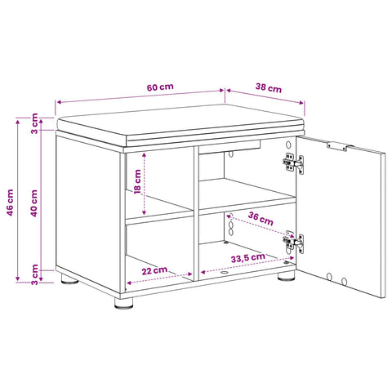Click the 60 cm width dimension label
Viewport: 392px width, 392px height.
coord(160,87)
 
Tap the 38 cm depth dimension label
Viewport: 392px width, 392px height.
coord(269,88)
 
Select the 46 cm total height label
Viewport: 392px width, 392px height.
coord(10,203)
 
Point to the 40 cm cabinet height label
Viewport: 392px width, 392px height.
coord(33,203)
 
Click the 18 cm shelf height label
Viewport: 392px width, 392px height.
coord(137,181)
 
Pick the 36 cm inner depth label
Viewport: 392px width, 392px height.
coord(261,219)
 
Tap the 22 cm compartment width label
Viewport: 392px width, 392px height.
coord(154,270)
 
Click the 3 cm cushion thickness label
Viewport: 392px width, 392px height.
coord(34,123)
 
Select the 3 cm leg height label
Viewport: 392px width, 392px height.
coord(34,274)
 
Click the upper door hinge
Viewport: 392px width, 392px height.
coord(293,163)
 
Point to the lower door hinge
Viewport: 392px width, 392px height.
coord(293,243)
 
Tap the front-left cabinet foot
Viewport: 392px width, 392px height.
coord(124,303)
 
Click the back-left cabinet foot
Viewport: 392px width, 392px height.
coord(69,278)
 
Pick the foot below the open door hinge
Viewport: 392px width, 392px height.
coord(287,276)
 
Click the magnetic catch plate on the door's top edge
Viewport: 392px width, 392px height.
coord(336,146)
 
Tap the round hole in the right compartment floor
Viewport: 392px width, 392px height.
coord(225,273)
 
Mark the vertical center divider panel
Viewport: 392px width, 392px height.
coord(196,213)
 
